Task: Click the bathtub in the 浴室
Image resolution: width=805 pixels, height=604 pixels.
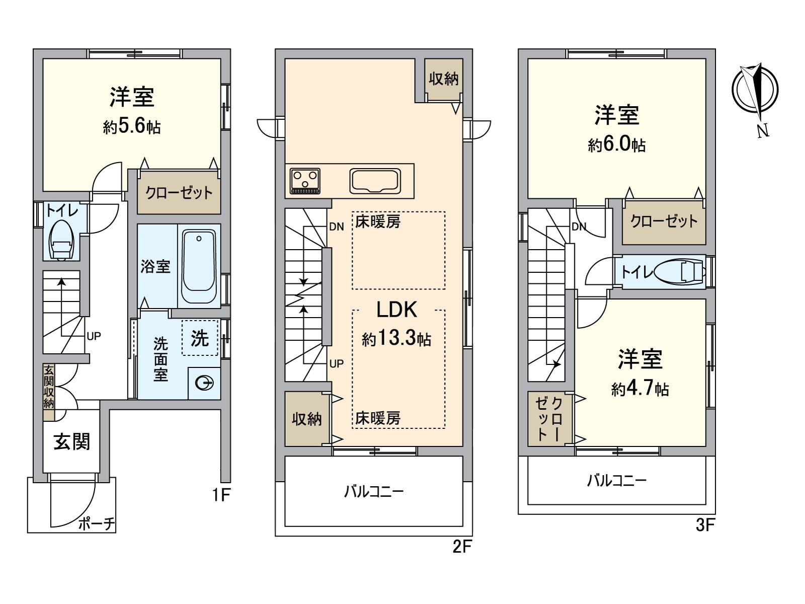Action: [x=199, y=266]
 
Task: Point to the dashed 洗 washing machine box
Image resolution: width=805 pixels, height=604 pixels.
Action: [x=200, y=338]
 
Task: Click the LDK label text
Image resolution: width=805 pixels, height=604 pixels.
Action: [x=396, y=310]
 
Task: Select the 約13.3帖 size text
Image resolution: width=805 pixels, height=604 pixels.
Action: [x=396, y=339]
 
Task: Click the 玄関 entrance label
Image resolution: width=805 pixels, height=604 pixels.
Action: [x=72, y=441]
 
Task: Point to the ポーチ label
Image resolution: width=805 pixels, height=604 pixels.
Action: [x=97, y=525]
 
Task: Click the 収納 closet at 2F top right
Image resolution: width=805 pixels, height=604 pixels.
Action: [x=443, y=79]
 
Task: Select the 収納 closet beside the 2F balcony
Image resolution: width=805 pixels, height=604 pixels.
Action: [x=306, y=419]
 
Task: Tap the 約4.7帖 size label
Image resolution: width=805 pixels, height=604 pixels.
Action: [x=640, y=389]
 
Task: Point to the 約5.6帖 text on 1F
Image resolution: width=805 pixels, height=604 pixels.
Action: [x=132, y=126]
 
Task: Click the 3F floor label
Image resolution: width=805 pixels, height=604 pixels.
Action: [x=705, y=525]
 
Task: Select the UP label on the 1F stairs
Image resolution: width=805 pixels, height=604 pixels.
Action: [x=94, y=336]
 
